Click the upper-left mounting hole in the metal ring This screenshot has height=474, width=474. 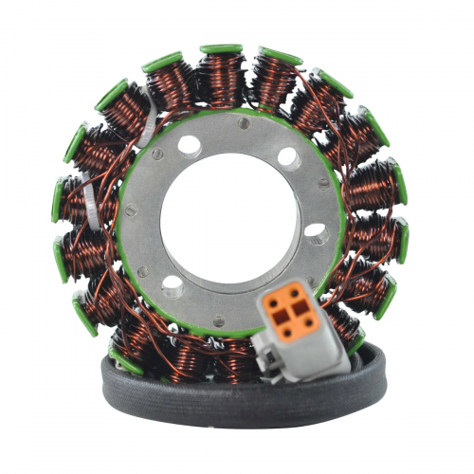189,145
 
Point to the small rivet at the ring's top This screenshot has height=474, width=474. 244,123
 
